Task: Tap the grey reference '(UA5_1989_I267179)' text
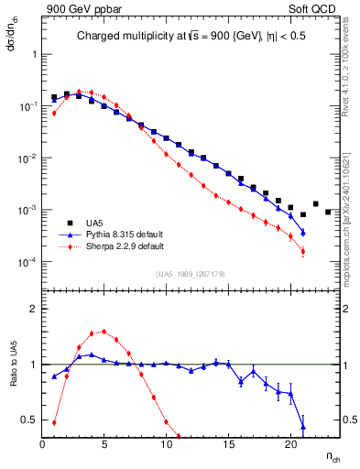pyautogui.click(x=192, y=274)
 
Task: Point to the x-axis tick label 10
pyautogui.click(x=166, y=445)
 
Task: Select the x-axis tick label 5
pyautogui.click(x=104, y=445)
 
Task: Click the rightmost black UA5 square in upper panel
pyautogui.click(x=328, y=212)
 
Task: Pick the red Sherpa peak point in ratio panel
pyautogui.click(x=104, y=332)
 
